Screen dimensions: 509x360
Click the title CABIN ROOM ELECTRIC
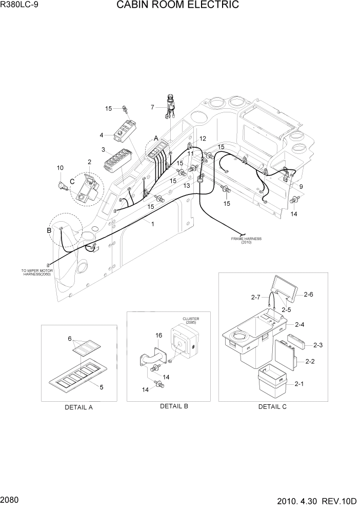pyautogui.click(x=177, y=6)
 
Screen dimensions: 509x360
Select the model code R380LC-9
pyautogui.click(x=19, y=6)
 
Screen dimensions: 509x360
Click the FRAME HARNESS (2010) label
pyautogui.click(x=246, y=241)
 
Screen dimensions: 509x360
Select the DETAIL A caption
pyautogui.click(x=78, y=407)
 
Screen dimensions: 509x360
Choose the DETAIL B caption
pyautogui.click(x=174, y=406)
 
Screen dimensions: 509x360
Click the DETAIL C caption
pyautogui.click(x=272, y=406)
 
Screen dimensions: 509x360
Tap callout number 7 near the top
pyautogui.click(x=152, y=107)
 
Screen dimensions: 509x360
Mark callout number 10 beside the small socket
pyautogui.click(x=60, y=168)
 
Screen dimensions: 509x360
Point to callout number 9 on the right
pyautogui.click(x=301, y=187)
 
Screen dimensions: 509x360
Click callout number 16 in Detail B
pyautogui.click(x=158, y=335)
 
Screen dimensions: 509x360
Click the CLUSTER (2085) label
pyautogui.click(x=191, y=321)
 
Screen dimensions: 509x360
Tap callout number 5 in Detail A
pyautogui.click(x=102, y=387)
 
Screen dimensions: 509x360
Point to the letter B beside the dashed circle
pyautogui.click(x=49, y=230)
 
